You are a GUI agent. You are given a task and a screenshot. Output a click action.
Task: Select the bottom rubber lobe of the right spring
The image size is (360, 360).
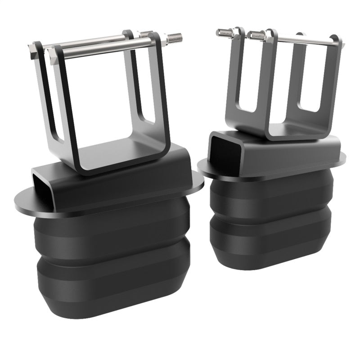tap(270, 238)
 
